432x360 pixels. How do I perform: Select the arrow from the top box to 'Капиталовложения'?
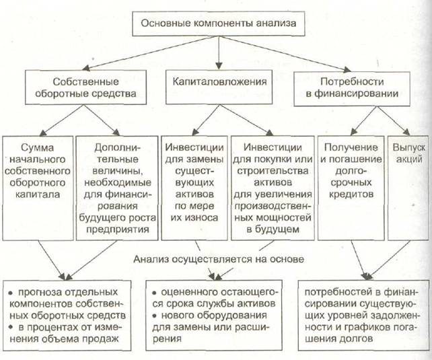(217, 54)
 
